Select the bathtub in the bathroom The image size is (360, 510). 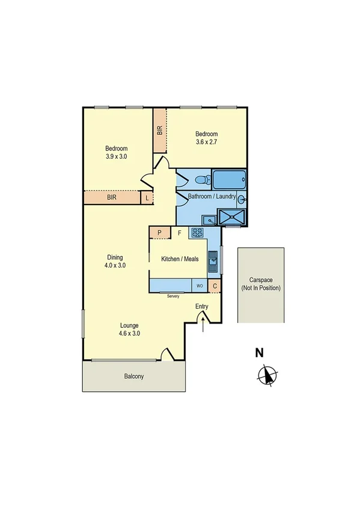point(230,179)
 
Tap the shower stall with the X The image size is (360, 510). point(231,218)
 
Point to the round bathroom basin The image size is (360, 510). point(242,200)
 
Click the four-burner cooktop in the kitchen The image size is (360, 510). point(198,232)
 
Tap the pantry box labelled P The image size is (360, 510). point(159,233)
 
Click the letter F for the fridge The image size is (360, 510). point(179,233)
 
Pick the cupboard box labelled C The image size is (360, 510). point(215,286)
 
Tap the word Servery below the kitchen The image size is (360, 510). point(173,295)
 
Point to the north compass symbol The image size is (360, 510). point(266,376)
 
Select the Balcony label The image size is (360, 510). point(134,376)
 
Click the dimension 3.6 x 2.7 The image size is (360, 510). point(206,143)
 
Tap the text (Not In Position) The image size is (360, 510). point(261,288)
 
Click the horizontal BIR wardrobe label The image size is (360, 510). point(112,197)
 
